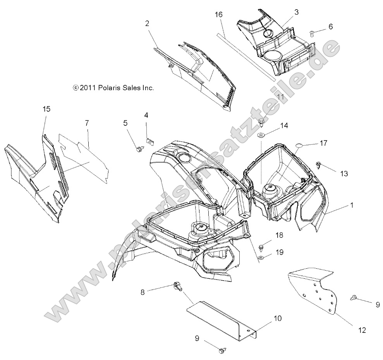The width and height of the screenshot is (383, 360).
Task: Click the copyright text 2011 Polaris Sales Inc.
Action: pos(108,88)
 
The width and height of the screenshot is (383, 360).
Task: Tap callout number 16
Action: pos(218,15)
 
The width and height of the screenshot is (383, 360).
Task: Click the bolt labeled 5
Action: pos(138,148)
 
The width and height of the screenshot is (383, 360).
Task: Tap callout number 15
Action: pos(46,109)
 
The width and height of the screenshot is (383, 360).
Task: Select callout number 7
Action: pos(87,123)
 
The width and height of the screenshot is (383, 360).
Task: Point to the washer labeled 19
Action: pos(262,257)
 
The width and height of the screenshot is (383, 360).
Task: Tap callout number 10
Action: pos(277,319)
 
